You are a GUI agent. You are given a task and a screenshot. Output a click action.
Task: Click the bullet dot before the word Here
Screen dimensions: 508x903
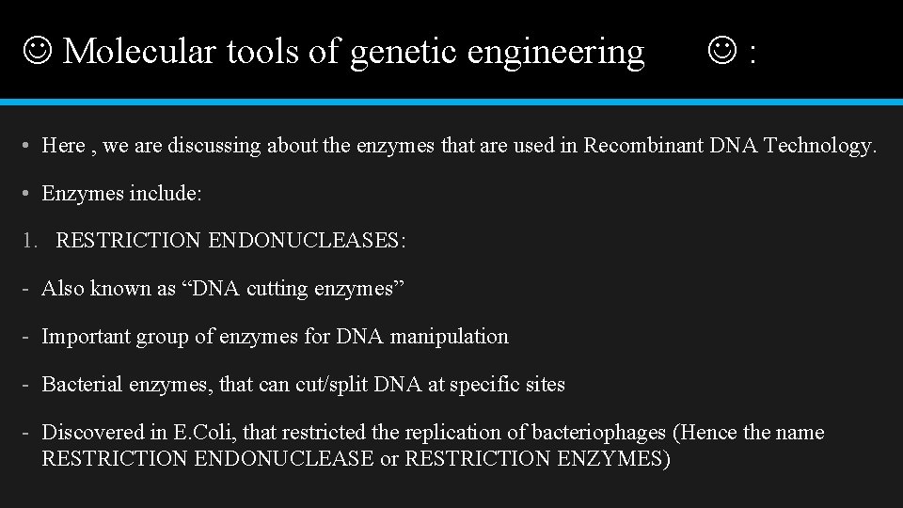click(29, 146)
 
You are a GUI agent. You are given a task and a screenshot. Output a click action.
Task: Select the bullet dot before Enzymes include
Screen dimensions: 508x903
click(29, 194)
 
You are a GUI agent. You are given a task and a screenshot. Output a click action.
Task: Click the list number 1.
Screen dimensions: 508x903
click(28, 241)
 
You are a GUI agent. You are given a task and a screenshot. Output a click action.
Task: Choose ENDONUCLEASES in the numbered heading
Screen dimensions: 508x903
click(307, 241)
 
